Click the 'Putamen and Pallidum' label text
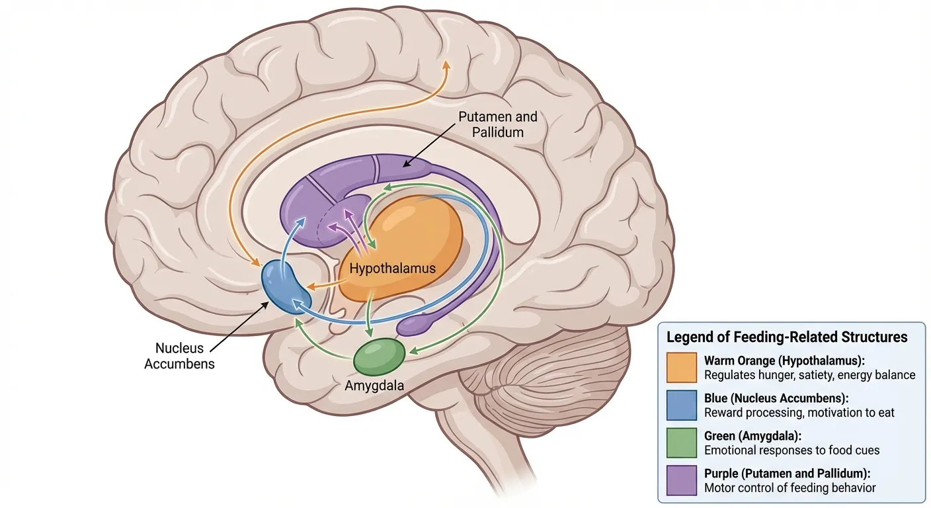(x=498, y=124)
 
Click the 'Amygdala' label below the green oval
(x=374, y=386)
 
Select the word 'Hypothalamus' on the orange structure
(x=392, y=269)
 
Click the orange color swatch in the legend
(x=682, y=368)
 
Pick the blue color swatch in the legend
(x=682, y=405)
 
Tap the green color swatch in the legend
(x=682, y=443)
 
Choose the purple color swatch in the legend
(x=682, y=481)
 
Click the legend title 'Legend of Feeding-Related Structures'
(x=787, y=337)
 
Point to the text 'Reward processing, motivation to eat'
(x=799, y=413)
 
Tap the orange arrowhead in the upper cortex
(x=446, y=65)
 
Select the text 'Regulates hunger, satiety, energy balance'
(x=809, y=375)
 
